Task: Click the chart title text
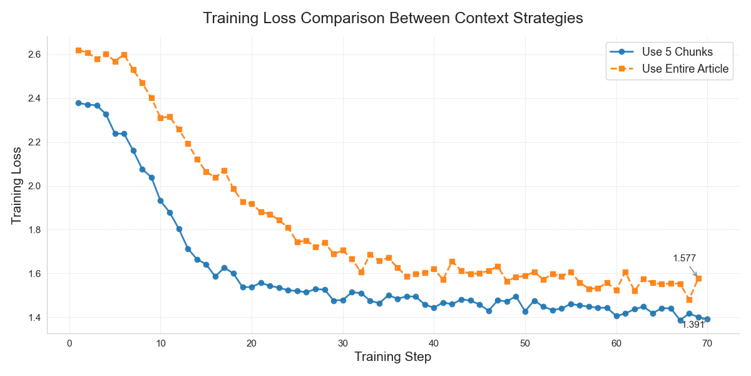coord(393,18)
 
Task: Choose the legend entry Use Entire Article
coord(685,69)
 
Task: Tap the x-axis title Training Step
coord(392,357)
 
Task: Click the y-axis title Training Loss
coord(17,185)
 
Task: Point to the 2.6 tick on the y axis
coord(34,55)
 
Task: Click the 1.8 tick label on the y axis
coord(34,230)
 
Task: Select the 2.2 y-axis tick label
coord(34,142)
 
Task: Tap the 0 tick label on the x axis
coord(69,343)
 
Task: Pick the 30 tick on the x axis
coord(343,343)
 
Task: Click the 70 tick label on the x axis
coord(707,343)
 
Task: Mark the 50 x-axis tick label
coord(525,343)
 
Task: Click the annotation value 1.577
coord(684,258)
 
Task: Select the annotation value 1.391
coord(693,325)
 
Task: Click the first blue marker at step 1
coord(79,103)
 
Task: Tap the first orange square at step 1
coord(79,50)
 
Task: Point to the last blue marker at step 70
coord(707,319)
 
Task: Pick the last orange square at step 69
coord(698,278)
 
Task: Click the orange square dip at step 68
coord(689,300)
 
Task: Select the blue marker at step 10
coord(161,201)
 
